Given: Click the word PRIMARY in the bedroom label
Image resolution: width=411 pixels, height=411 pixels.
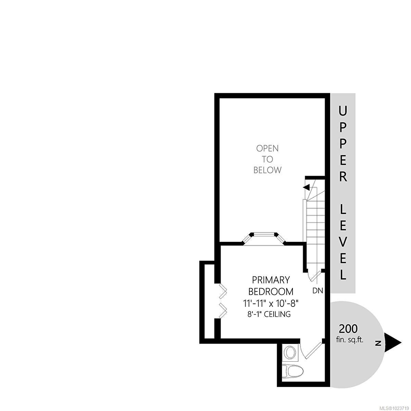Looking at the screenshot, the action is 271,280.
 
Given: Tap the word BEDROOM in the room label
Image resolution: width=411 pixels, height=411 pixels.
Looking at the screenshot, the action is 271,291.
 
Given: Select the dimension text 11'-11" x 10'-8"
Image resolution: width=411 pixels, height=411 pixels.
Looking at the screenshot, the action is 271,303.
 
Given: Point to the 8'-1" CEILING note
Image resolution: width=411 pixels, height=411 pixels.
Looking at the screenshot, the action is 269,314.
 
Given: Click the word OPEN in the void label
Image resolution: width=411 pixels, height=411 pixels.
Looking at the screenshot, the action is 267,148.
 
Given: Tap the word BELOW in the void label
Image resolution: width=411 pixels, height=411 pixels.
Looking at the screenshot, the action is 267,170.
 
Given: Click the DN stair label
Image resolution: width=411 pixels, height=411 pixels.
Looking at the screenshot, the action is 318,290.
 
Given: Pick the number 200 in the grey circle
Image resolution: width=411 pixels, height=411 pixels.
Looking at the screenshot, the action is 348,329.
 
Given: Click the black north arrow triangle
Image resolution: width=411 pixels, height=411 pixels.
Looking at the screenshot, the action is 392,343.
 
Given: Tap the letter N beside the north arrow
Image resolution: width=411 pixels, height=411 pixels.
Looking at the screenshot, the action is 378,343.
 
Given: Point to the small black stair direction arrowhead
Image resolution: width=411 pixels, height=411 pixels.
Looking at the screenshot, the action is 306,187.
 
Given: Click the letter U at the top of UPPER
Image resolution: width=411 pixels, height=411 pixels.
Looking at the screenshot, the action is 343,111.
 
